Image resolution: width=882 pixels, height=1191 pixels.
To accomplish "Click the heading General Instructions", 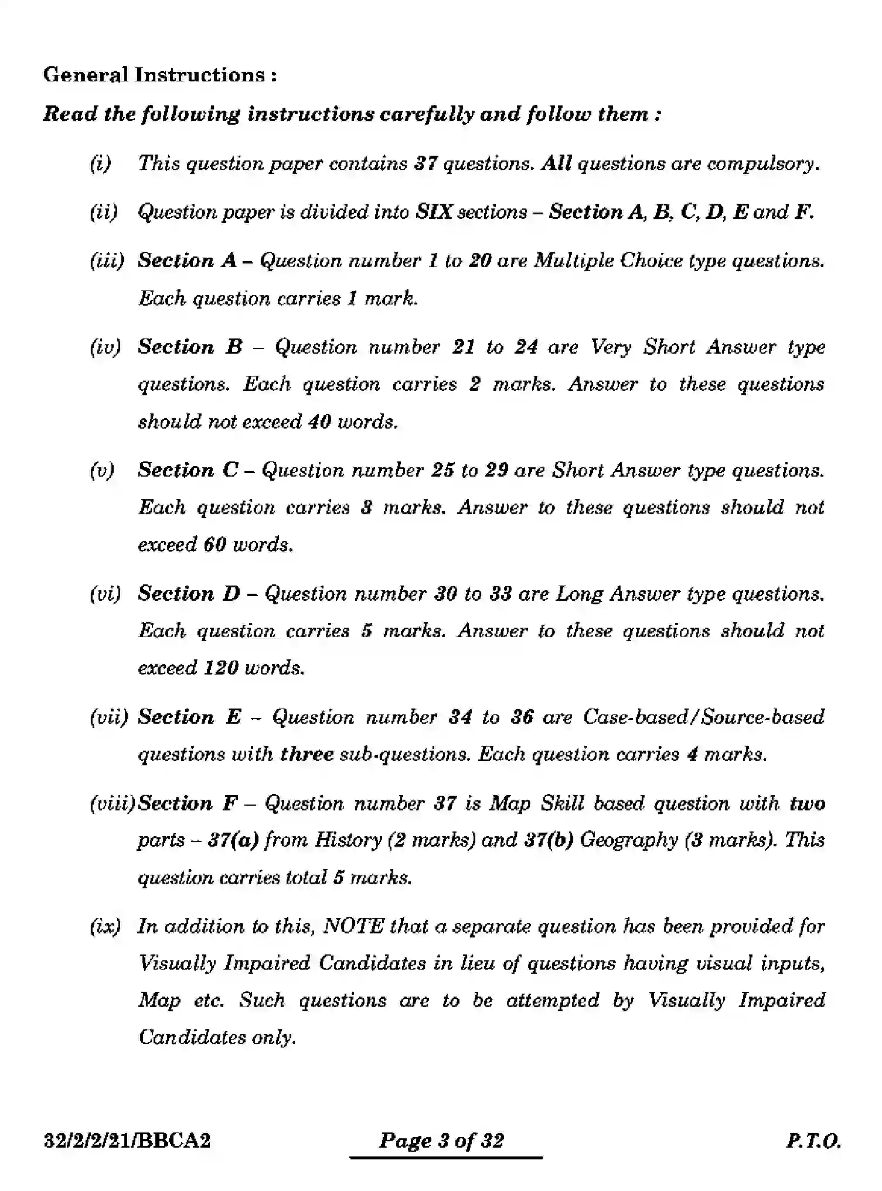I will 159,75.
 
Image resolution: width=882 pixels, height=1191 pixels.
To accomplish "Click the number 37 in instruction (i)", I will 426,163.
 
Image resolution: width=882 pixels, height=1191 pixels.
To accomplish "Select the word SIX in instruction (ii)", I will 434,212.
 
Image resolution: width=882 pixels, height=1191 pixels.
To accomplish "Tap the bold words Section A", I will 187,261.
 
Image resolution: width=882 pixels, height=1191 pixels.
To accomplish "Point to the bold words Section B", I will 190,347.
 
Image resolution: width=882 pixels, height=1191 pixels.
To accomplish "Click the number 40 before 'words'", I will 319,422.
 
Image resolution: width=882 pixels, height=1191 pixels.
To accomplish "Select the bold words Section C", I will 188,470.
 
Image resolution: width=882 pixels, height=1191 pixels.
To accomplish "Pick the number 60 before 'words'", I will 214,545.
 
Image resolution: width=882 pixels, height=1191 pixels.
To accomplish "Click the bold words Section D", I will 189,594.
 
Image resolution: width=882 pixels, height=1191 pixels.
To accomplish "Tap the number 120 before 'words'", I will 221,668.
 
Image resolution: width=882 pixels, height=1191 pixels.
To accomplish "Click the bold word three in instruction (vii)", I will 307,754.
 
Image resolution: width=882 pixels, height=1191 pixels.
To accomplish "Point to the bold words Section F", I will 187,803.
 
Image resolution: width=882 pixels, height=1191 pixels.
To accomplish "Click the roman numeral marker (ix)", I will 105,926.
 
